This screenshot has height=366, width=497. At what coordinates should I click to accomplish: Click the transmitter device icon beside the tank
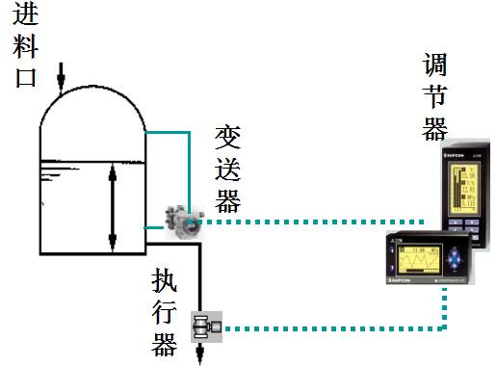pos(182,221)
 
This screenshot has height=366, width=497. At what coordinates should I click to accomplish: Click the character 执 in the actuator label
pos(166,281)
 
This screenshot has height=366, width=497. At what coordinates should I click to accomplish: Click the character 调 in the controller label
pos(435,65)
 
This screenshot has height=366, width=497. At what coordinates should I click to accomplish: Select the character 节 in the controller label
pos(435,96)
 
